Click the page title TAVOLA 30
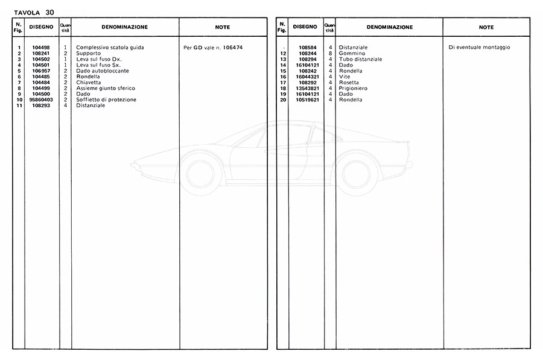point(34,11)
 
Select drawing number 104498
point(42,47)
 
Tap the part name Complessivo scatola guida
point(110,47)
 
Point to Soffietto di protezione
point(106,99)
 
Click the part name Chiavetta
point(89,82)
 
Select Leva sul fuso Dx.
point(98,59)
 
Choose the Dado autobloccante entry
point(102,71)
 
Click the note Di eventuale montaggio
point(479,47)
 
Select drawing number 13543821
point(305,88)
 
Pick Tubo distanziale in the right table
point(360,59)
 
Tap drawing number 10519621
point(305,99)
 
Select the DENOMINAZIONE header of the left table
point(124,27)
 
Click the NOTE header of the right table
point(486,27)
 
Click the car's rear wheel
point(356,174)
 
